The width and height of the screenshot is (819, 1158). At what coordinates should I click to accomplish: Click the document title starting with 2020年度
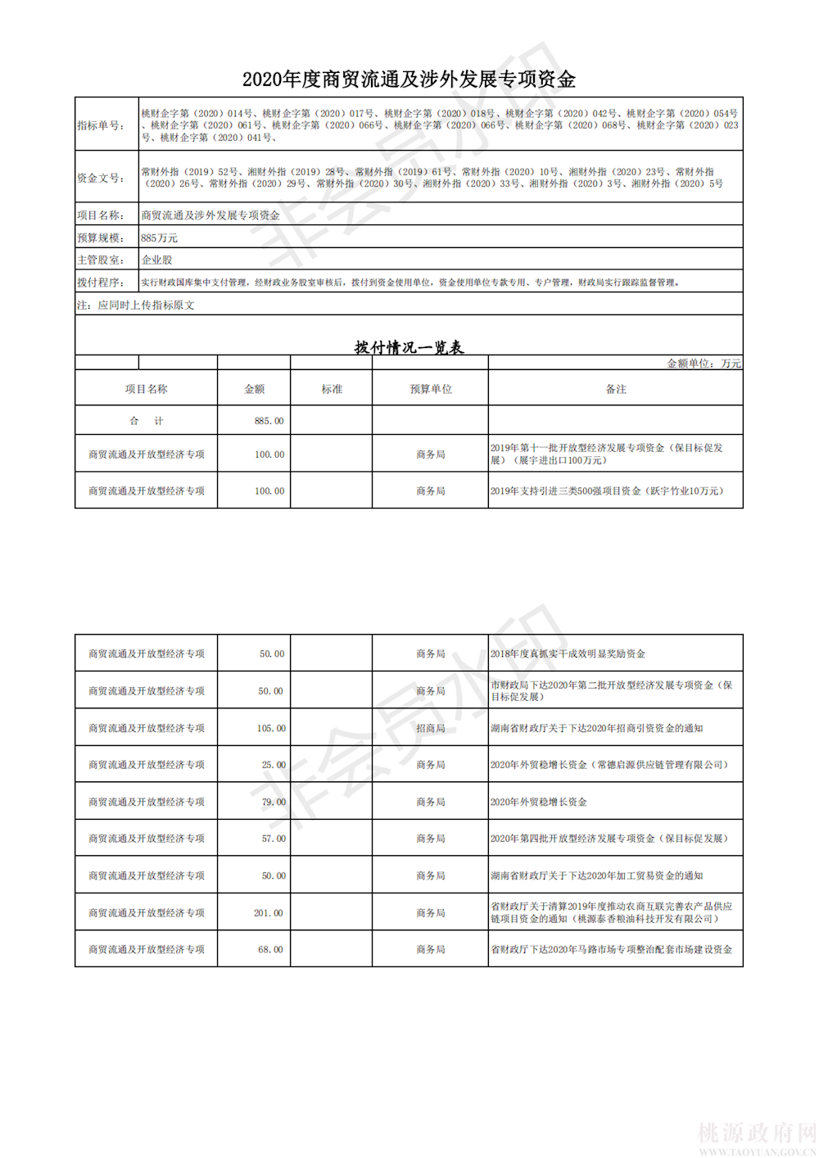click(x=409, y=79)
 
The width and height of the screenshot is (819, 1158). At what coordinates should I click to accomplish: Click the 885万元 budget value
click(x=159, y=238)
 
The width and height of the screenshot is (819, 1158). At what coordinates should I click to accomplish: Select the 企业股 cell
click(x=157, y=260)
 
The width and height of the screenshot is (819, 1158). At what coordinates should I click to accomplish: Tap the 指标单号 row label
click(x=101, y=125)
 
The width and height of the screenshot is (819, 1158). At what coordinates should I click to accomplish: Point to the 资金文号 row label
click(x=101, y=178)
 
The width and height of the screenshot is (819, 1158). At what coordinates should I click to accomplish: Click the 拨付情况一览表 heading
click(x=409, y=347)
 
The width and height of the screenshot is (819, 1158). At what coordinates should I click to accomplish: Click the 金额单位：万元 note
click(x=704, y=364)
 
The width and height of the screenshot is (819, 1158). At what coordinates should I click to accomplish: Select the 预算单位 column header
click(x=430, y=389)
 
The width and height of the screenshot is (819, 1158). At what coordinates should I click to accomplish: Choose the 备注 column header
click(x=616, y=389)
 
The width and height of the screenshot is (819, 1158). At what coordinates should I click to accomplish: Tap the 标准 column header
click(x=332, y=389)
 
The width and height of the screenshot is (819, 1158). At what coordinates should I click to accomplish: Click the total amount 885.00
click(x=269, y=421)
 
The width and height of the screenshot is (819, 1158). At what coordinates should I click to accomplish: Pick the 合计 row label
click(x=147, y=421)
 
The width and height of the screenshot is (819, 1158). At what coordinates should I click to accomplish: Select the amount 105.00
click(x=271, y=728)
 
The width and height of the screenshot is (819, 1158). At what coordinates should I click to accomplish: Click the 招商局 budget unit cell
click(x=430, y=728)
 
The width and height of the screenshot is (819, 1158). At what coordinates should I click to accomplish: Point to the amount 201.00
click(x=268, y=912)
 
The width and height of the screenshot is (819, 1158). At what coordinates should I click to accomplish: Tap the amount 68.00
click(x=270, y=949)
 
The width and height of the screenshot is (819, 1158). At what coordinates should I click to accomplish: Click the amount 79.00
click(x=274, y=802)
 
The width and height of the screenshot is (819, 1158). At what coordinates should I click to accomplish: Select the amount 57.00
click(x=274, y=839)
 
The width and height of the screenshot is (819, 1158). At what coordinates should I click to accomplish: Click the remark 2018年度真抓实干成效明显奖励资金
click(x=568, y=654)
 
